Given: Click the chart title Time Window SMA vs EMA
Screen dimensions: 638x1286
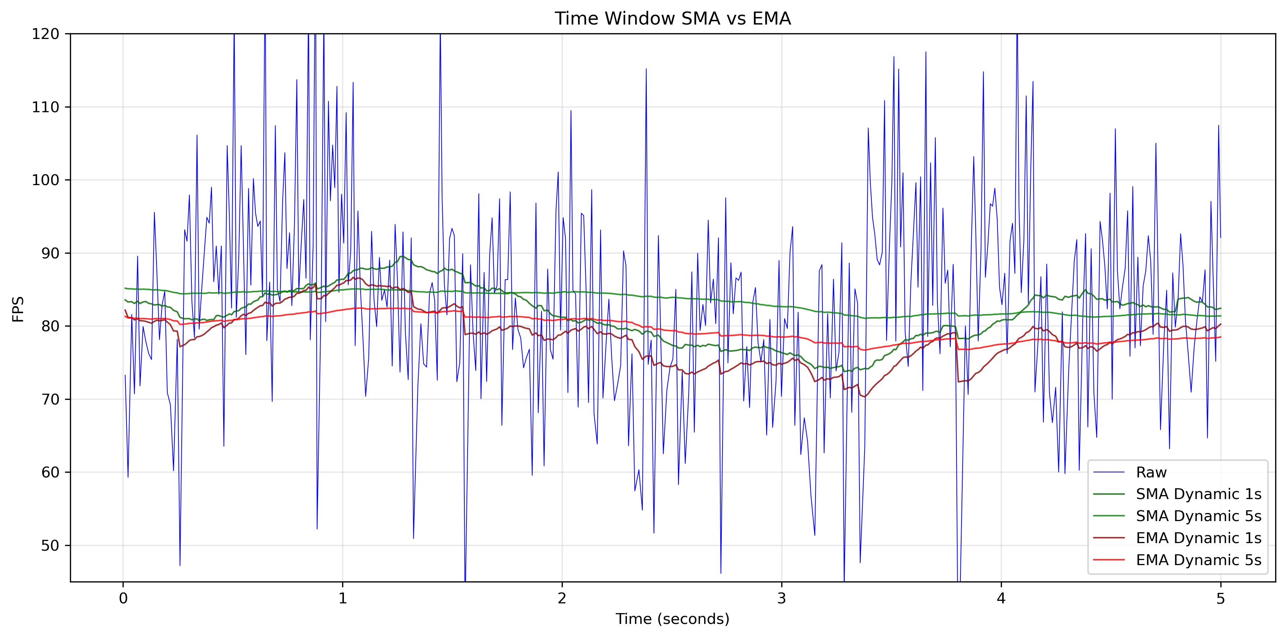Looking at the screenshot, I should (x=672, y=18).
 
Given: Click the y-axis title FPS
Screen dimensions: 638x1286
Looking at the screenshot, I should (x=18, y=309).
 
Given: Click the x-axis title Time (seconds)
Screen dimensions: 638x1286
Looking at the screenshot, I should (x=672, y=619).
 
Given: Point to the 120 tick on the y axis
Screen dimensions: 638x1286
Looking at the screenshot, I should (x=45, y=34).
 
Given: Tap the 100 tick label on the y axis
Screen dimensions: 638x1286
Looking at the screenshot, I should (x=45, y=180).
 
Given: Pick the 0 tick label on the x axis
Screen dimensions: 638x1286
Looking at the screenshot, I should (x=123, y=599).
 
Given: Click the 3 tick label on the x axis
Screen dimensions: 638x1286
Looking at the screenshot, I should (x=782, y=599).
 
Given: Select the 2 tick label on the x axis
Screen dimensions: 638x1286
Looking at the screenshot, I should (x=562, y=599).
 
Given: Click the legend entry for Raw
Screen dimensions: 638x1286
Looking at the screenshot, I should (x=1151, y=472).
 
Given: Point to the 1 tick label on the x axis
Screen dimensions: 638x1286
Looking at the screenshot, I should (x=343, y=599).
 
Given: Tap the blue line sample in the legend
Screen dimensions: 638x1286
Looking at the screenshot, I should (x=1109, y=472).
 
